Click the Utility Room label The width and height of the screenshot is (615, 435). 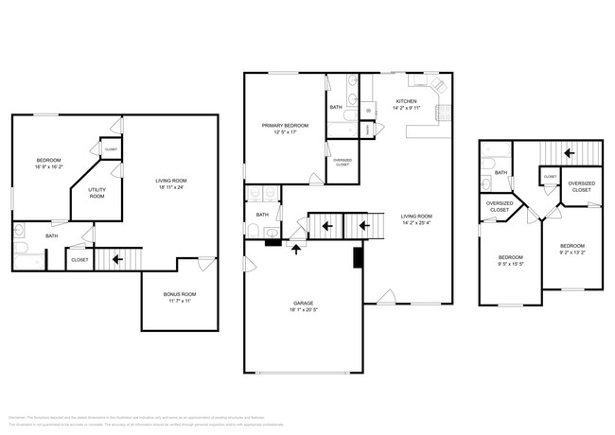pos(97,192)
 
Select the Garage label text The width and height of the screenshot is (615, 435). pos(303,304)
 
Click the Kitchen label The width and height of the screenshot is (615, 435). pos(406,101)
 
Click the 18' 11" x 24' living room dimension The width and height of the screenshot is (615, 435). pos(171,186)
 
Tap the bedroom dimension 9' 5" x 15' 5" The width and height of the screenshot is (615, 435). pos(511,263)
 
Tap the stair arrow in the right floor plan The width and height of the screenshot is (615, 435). pos(569,151)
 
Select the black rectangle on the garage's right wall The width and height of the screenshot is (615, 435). pos(357,257)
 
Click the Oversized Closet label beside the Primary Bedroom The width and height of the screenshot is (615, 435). pos(342,162)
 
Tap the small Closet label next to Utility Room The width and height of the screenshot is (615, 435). pos(111,149)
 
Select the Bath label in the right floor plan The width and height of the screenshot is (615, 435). pos(501,173)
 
